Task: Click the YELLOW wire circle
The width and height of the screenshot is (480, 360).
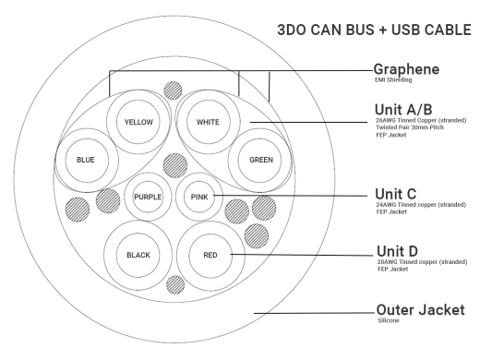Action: tap(141, 122)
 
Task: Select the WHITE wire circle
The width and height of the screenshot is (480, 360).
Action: tap(208, 122)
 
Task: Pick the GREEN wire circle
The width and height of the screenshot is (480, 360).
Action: tap(261, 160)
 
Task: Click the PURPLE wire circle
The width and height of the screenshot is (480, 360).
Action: tap(148, 197)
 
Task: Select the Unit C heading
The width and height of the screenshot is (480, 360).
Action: tap(397, 194)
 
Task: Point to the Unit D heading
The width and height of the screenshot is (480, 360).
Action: tap(398, 251)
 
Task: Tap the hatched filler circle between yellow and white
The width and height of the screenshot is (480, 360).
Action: tap(173, 90)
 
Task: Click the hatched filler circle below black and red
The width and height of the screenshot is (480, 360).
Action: tap(173, 285)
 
